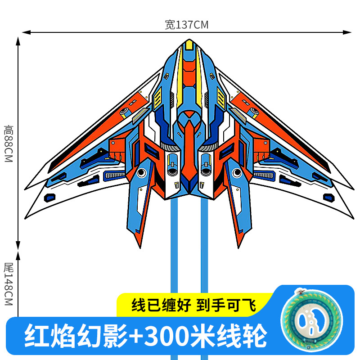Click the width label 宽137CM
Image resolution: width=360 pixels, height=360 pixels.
(186, 25)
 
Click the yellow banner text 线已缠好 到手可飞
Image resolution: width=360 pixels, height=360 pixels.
(193, 306)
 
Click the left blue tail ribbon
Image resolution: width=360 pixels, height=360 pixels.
(174, 252)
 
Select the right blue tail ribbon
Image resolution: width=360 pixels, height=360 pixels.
(204, 252)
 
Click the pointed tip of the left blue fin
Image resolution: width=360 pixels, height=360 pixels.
(139, 247)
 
